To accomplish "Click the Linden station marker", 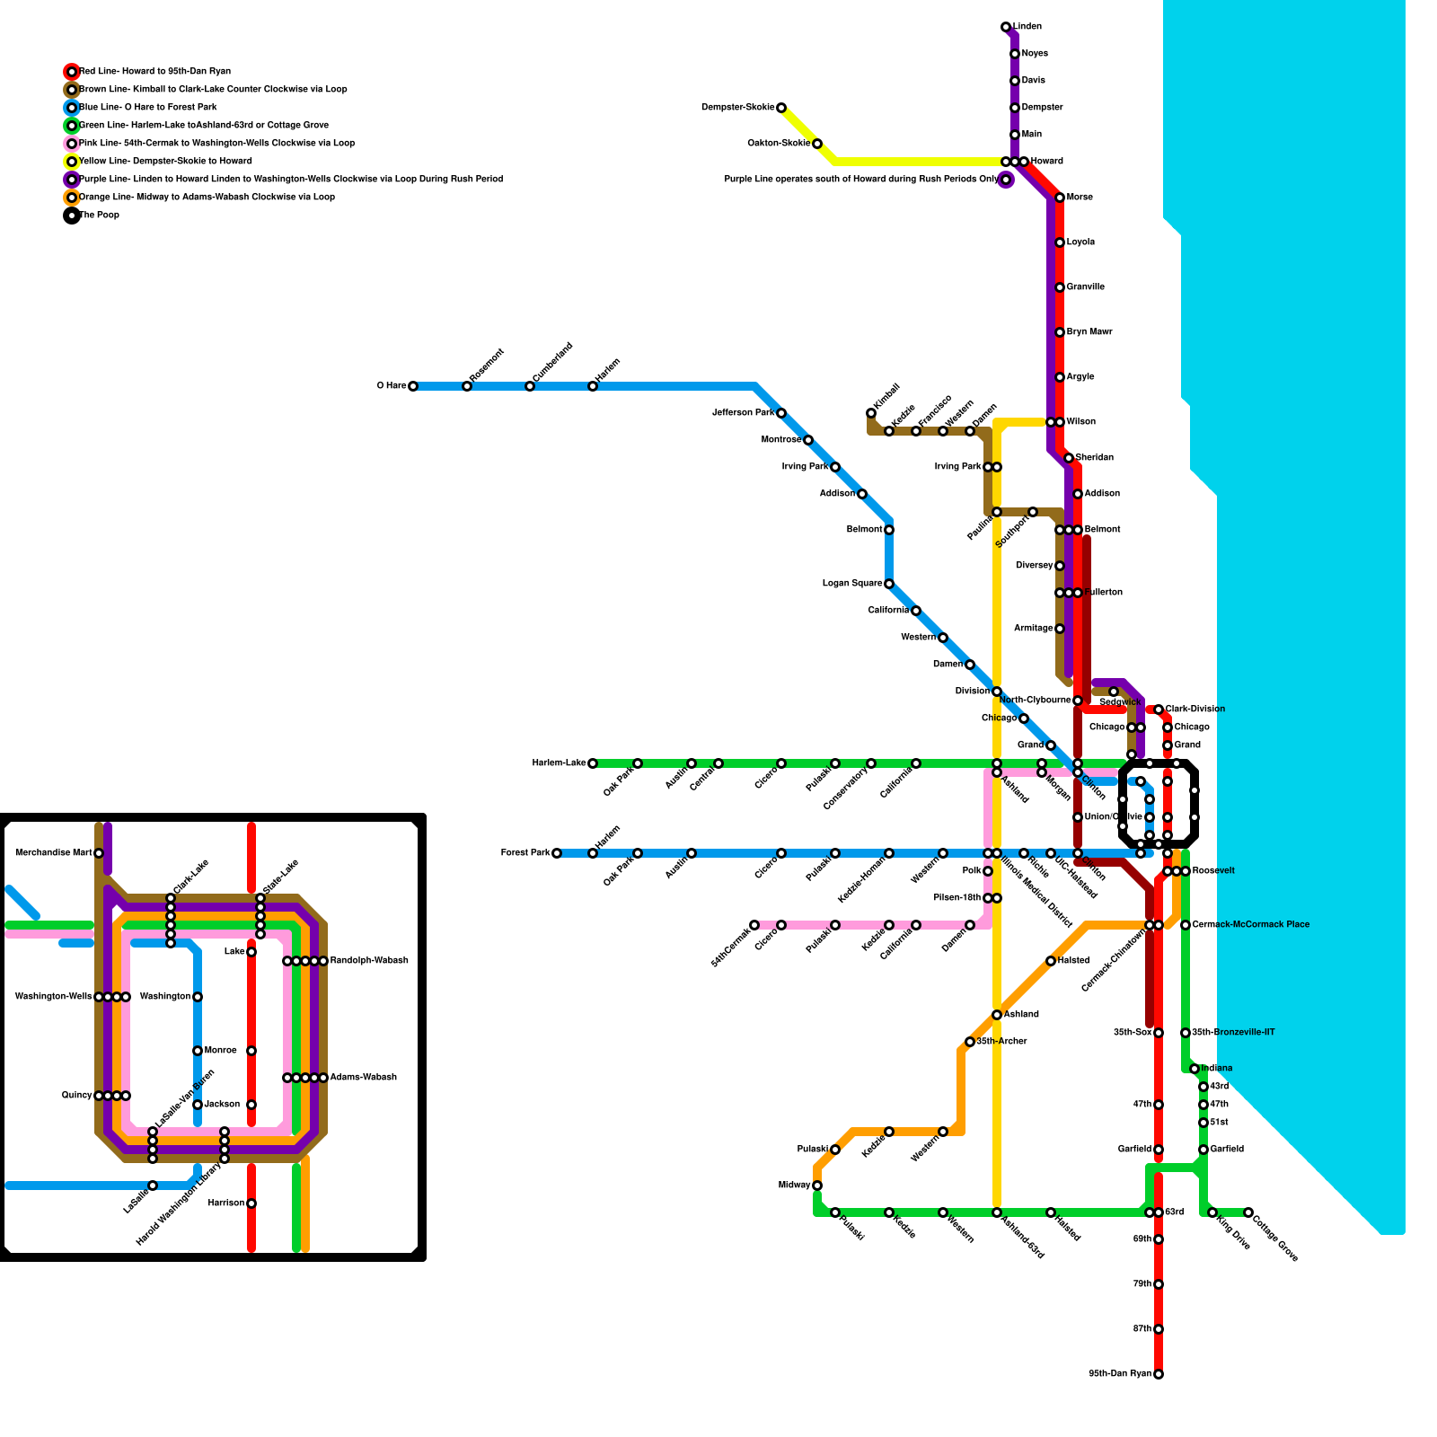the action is pos(1006,27).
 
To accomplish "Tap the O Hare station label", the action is pos(391,386).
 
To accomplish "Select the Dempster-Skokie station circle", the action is pos(781,108).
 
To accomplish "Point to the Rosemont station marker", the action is pos(467,386).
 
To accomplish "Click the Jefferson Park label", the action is pos(743,413).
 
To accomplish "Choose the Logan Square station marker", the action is pos(889,584).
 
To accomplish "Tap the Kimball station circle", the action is pos(871,413).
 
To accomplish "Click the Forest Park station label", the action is pos(525,853).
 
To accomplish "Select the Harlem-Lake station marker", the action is pos(593,763).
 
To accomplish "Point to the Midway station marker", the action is pos(817,1186).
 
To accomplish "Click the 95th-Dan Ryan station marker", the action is pos(1159,1374).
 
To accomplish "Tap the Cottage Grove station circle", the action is pos(1248,1212).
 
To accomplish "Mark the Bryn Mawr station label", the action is pos(1089,332).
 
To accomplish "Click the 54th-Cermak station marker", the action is pos(754,925).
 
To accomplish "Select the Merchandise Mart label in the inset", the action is pos(53,853).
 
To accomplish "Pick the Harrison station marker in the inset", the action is pos(251,1203).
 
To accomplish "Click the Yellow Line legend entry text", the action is pos(165,162).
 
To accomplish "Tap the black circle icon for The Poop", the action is pos(72,216).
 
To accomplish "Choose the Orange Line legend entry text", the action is pos(207,198).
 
